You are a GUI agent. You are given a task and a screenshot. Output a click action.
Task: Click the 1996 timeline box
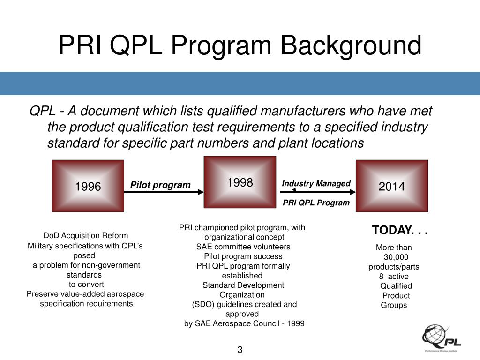click(x=88, y=186)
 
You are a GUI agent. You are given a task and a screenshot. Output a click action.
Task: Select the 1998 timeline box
click(x=240, y=182)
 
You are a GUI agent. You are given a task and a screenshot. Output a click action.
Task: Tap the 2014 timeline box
click(x=392, y=186)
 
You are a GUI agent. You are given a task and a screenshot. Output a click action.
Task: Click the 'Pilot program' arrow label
click(x=160, y=185)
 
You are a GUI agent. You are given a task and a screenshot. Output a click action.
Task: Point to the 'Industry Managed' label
click(x=316, y=183)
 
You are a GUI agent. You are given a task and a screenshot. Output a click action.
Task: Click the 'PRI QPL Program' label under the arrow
click(x=316, y=202)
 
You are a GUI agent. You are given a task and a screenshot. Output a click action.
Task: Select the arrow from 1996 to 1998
click(x=164, y=192)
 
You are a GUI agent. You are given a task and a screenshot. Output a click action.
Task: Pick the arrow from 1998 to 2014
click(x=316, y=191)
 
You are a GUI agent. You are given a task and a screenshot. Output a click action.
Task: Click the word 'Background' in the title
click(x=351, y=46)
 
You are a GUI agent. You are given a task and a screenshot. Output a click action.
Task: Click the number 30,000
click(x=396, y=257)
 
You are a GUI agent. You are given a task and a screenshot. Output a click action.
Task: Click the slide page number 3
click(x=240, y=350)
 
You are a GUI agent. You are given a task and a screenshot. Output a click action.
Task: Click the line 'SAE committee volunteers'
click(x=243, y=247)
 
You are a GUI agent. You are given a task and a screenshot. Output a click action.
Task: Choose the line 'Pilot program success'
click(x=243, y=256)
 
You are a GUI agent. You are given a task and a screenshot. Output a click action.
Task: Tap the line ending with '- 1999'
click(x=244, y=323)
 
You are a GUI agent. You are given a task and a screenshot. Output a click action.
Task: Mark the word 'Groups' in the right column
click(x=394, y=305)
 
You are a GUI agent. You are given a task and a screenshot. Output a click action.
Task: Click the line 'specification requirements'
click(x=86, y=304)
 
